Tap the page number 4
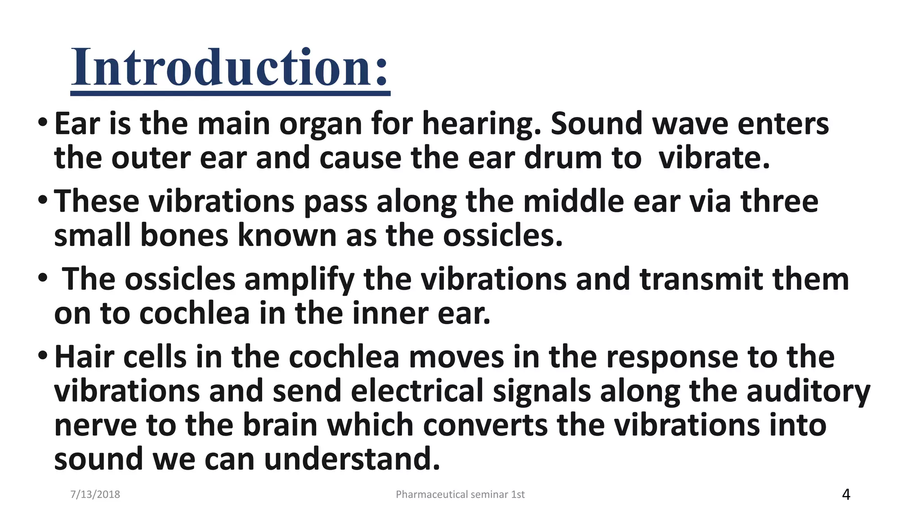coord(845,495)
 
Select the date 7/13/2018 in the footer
coord(95,495)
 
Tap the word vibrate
coord(714,158)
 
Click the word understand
coord(352,459)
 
